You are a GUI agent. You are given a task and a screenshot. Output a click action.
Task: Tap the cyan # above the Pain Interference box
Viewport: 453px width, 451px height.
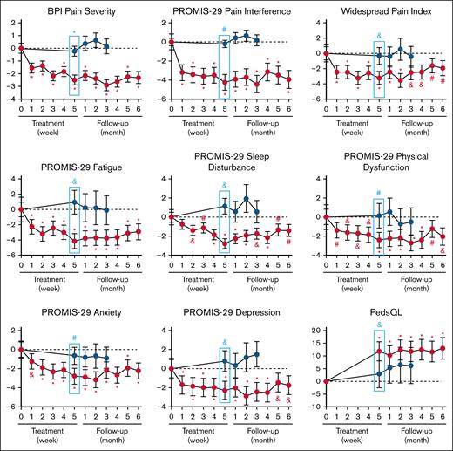click(x=225, y=30)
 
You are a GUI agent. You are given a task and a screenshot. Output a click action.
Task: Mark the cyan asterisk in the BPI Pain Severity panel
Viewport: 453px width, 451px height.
click(x=74, y=32)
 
